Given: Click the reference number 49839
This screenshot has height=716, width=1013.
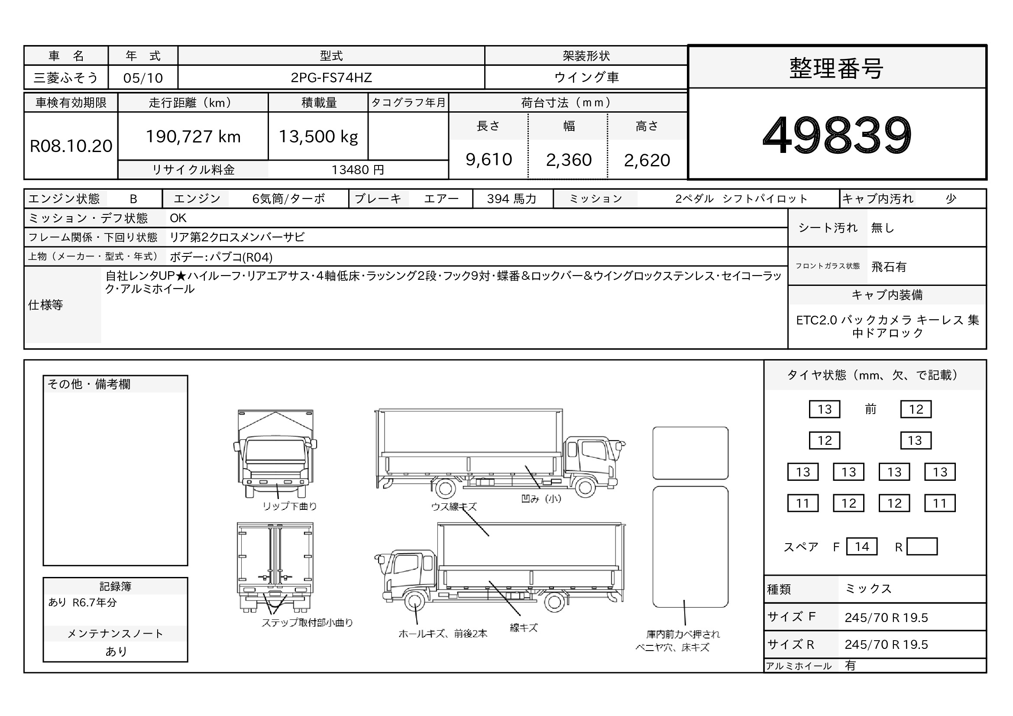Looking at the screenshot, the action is (837, 135).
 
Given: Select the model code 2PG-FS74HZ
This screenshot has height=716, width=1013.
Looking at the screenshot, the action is (331, 78).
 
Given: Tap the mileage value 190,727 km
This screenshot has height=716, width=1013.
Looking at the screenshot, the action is (193, 137).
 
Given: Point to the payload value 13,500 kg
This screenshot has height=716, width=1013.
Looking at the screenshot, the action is (318, 137).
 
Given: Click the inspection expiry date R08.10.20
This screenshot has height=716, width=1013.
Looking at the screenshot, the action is (71, 146).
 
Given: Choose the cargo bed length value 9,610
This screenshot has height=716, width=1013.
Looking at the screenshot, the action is (489, 160).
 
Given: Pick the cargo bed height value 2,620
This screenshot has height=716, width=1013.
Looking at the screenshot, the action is (647, 160).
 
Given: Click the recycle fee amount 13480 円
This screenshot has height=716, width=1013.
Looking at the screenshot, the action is (358, 170).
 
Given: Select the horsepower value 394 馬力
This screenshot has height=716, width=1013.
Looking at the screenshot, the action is (511, 199).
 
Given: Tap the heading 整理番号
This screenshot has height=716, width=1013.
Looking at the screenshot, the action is (837, 68).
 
